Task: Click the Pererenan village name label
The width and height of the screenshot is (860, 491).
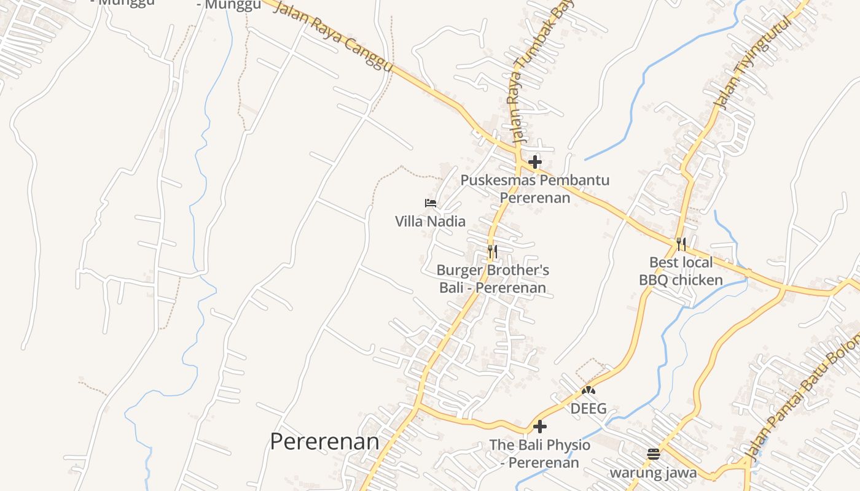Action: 324,441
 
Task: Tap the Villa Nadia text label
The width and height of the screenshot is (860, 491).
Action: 430,221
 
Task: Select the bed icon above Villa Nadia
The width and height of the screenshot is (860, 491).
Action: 431,203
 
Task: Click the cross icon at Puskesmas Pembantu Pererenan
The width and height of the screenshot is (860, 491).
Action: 535,162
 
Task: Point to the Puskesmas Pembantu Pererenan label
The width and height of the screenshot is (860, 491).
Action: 535,189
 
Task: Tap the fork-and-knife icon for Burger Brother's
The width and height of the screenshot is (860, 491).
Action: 493,251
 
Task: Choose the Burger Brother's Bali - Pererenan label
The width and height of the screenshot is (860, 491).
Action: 493,279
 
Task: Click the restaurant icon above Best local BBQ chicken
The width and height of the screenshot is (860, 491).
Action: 681,244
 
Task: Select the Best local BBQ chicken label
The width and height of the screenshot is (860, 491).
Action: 681,271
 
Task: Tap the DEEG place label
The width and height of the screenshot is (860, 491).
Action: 588,408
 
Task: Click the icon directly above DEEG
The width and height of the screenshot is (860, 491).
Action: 588,390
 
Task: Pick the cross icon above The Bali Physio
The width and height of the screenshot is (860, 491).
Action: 540,426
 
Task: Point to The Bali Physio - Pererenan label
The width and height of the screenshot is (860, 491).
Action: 540,454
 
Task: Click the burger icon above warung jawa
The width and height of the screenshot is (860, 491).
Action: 653,454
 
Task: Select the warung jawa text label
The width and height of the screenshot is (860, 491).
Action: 653,473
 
